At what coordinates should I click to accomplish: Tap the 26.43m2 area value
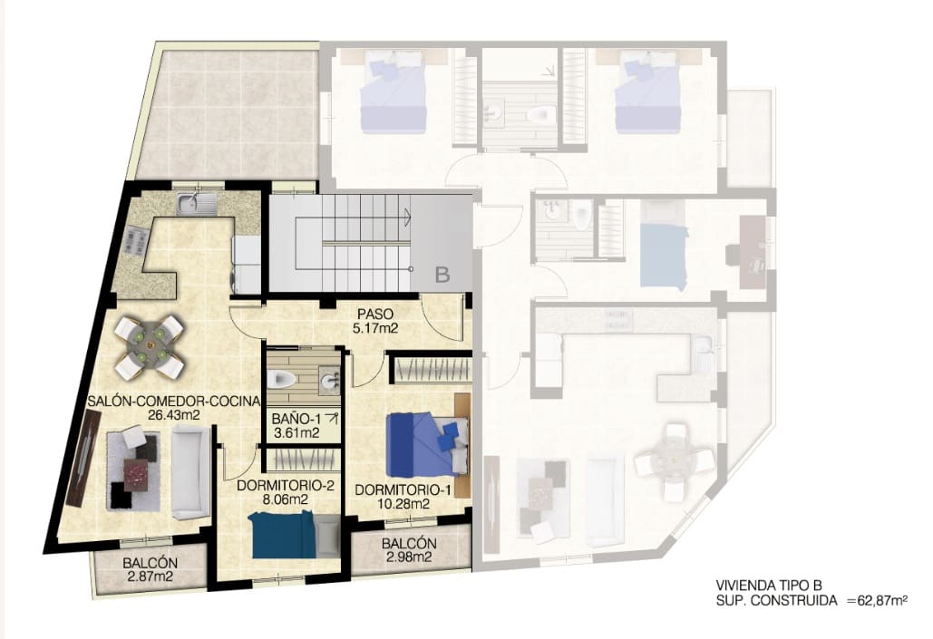click(x=173, y=415)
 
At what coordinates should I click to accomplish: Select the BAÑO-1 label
click(x=296, y=418)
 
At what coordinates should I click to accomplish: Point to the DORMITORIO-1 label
click(x=403, y=489)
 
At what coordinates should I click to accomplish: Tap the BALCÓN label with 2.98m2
click(x=409, y=544)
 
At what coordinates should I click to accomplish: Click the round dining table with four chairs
click(x=150, y=345)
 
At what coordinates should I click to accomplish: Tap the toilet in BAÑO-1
click(x=284, y=379)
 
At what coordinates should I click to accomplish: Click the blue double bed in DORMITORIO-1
click(x=423, y=443)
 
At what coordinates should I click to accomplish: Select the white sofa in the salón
click(x=189, y=472)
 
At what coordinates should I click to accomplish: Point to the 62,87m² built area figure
click(x=877, y=600)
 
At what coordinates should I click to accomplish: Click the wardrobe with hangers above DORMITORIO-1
click(x=431, y=370)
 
